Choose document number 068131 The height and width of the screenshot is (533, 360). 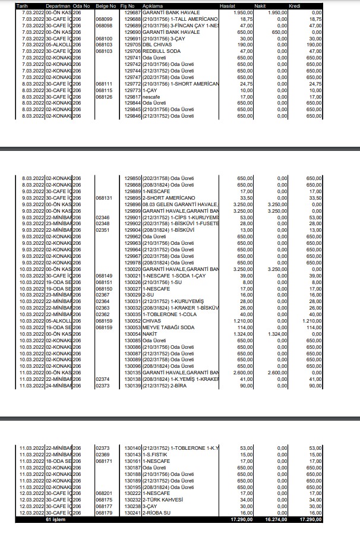[103, 197]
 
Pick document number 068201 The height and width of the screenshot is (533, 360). [103, 493]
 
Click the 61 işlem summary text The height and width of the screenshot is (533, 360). [53, 519]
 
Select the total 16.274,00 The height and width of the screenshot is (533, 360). [273, 519]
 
